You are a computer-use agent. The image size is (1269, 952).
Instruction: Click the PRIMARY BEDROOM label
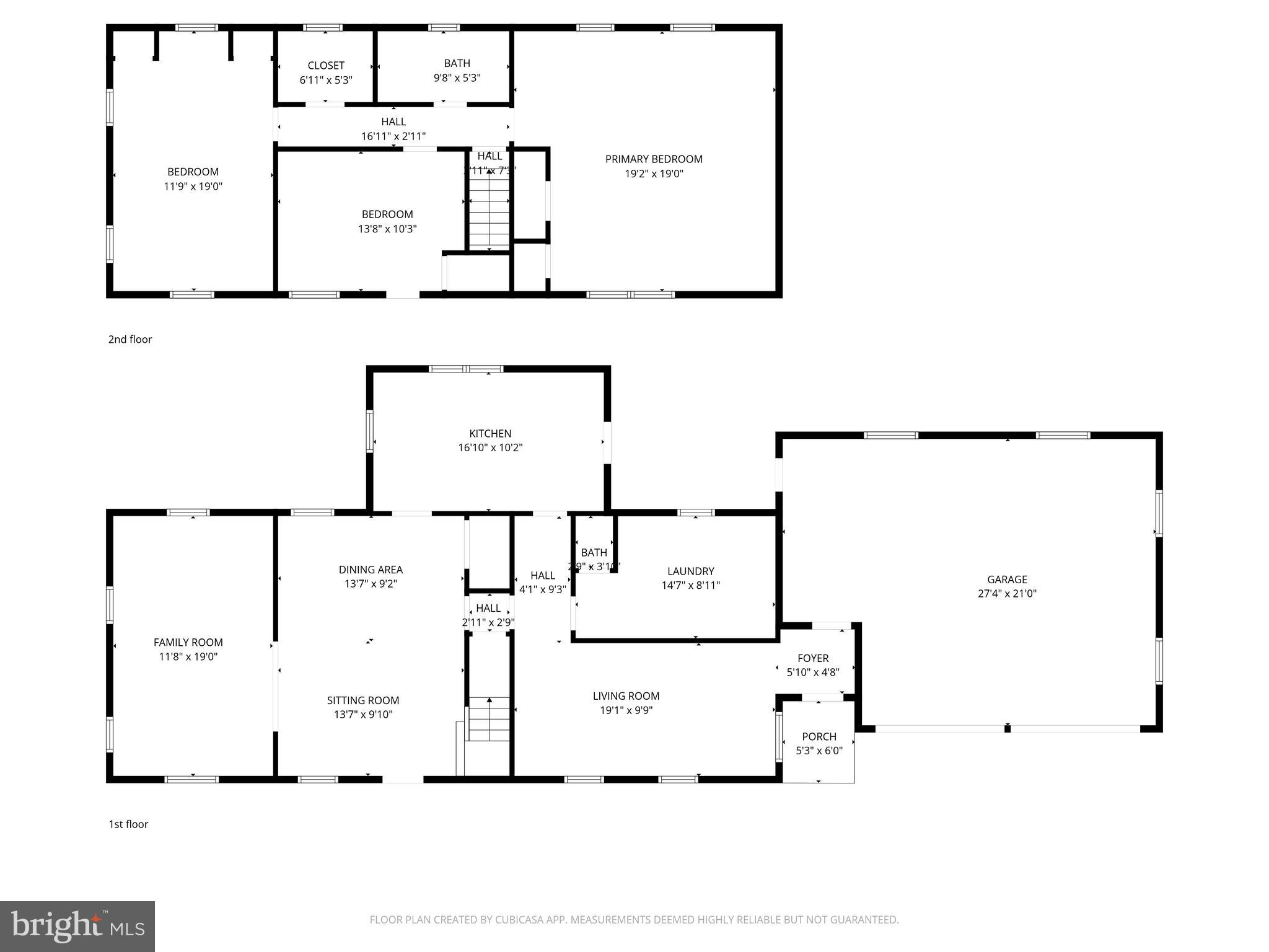click(654, 159)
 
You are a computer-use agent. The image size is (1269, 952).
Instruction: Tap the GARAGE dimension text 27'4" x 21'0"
click(1007, 593)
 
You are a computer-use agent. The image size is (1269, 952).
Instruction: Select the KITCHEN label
click(490, 433)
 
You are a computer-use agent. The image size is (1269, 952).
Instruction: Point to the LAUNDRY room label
click(690, 571)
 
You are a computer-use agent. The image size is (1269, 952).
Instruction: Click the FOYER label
click(812, 658)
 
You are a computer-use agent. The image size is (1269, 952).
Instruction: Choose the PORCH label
click(819, 736)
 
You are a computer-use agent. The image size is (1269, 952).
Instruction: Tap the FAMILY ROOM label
click(188, 643)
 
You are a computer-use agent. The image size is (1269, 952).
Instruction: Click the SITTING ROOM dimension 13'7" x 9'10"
click(363, 715)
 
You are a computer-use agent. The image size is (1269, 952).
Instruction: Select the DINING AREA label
click(371, 570)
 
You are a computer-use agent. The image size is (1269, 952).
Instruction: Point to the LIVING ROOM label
click(626, 696)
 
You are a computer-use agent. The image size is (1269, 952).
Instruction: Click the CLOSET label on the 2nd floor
click(326, 66)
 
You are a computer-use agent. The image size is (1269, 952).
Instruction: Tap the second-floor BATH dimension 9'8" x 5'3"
click(457, 78)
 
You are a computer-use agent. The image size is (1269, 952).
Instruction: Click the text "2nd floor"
click(130, 339)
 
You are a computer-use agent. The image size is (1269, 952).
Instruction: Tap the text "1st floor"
click(128, 824)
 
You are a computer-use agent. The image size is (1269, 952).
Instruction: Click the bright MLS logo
click(77, 926)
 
